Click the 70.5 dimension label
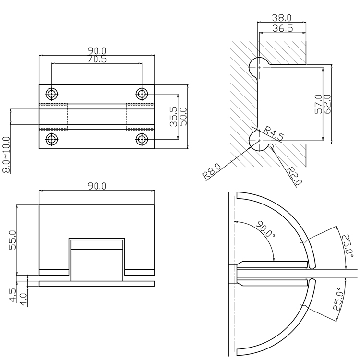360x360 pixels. click(96, 59)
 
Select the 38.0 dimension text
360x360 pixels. click(282, 17)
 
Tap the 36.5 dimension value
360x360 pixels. click(282, 29)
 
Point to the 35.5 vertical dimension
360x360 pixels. click(174, 117)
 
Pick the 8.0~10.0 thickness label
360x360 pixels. click(6, 154)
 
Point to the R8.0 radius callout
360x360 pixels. click(211, 171)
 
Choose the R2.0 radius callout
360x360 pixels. click(294, 176)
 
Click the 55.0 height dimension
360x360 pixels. click(12, 240)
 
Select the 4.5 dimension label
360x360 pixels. click(12, 293)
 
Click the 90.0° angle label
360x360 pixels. click(265, 229)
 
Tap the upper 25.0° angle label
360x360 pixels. click(348, 245)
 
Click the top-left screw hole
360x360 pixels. click(51, 93)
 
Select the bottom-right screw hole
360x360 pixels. click(142, 139)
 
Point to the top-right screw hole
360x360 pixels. click(142, 93)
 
